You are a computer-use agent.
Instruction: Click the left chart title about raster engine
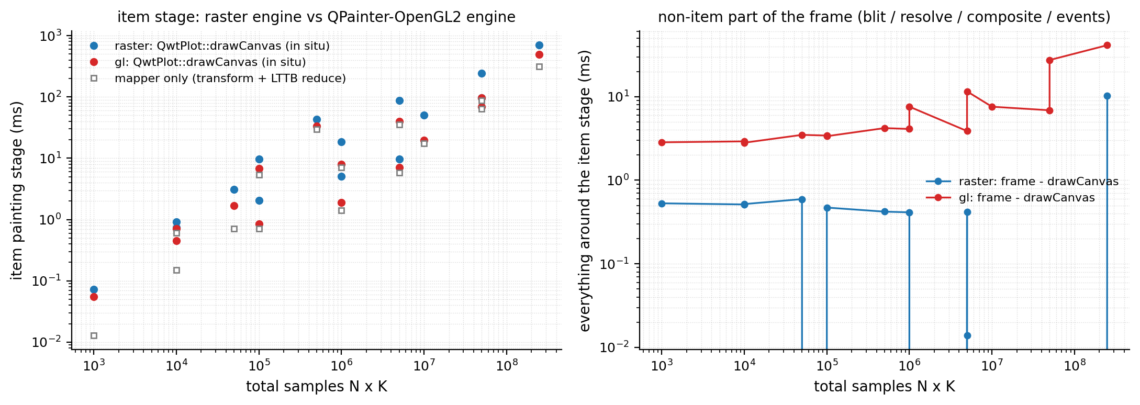click(x=316, y=17)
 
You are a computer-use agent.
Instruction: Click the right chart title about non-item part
click(x=884, y=17)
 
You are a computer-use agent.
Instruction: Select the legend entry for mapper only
click(x=230, y=78)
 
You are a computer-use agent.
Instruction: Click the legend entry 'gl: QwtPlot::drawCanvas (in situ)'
click(x=210, y=62)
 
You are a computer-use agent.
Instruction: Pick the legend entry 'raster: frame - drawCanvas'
click(x=1038, y=182)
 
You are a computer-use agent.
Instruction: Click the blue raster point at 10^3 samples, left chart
click(x=94, y=289)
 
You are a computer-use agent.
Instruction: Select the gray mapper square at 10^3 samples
click(x=94, y=335)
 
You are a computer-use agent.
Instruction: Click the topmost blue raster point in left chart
click(x=539, y=45)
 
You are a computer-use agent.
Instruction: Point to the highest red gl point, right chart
click(x=1107, y=45)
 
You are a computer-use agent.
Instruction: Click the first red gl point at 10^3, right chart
click(x=662, y=142)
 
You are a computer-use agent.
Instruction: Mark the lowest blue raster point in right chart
click(x=967, y=335)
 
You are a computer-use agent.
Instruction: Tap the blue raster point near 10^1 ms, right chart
click(x=1107, y=96)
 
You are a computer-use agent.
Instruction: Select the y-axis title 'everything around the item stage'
click(x=585, y=190)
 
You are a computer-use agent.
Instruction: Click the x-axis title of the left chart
click(x=316, y=387)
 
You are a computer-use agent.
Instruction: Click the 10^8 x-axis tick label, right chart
click(x=1074, y=365)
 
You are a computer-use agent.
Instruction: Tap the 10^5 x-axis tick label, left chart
click(x=259, y=365)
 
